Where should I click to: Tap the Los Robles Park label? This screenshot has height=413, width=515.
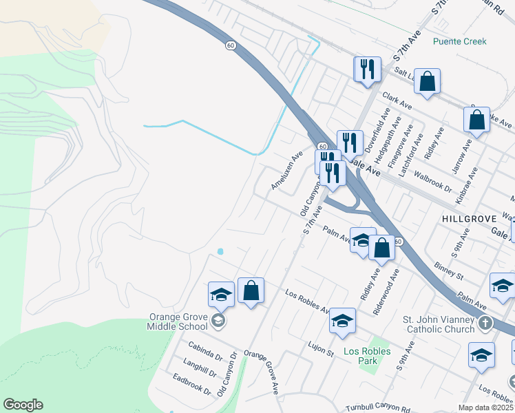367,351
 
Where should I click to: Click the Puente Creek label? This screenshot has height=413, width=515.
459,41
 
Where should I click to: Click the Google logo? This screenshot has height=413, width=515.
23,405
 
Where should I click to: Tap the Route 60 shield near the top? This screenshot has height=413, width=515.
230,45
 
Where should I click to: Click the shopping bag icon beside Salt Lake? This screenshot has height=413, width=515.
428,82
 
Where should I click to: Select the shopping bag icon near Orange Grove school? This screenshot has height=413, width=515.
251,290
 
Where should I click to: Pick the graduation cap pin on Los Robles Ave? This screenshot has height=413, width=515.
342,321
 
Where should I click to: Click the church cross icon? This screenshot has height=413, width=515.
485,322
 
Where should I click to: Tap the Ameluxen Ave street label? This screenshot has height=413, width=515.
286,171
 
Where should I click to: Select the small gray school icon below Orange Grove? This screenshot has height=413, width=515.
218,320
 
